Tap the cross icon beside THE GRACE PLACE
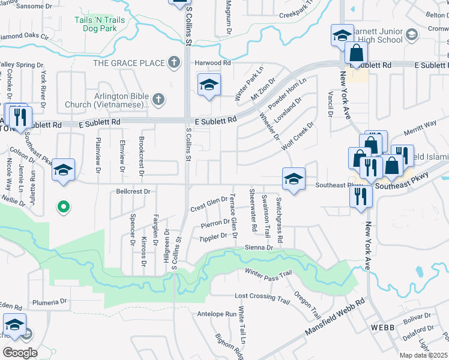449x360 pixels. click(x=174, y=62)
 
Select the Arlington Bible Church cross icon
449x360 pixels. click(x=158, y=100)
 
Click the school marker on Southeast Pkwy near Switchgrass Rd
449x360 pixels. click(x=294, y=179)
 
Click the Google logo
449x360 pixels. click(x=20, y=352)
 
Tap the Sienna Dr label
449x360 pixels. click(x=259, y=247)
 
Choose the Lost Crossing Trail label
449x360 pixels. click(x=262, y=297)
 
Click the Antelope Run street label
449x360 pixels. click(x=217, y=314)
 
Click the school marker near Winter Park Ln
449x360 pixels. click(x=209, y=84)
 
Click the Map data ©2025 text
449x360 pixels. click(x=424, y=355)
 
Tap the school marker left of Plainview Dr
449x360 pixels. click(x=63, y=169)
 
